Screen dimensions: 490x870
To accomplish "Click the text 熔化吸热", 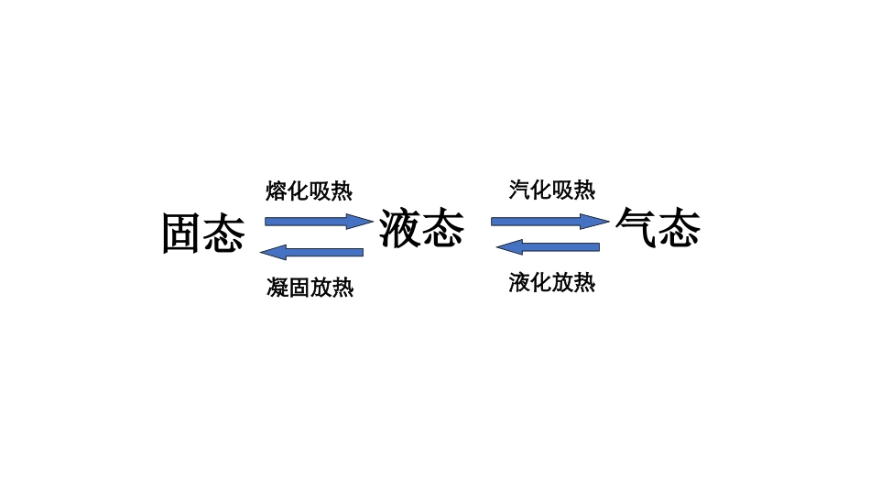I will (309, 191).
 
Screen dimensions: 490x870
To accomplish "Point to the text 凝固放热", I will (310, 288).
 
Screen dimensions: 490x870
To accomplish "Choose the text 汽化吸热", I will (552, 190).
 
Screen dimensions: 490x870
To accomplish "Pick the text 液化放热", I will (552, 283).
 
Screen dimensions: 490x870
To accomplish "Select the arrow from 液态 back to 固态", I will (311, 252).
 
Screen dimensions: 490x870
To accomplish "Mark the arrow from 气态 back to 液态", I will (548, 246).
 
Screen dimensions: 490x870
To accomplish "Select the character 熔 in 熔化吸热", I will (277, 191).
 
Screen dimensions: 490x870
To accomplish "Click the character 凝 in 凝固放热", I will (277, 288).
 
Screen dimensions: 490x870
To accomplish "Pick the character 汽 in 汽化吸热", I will (520, 190).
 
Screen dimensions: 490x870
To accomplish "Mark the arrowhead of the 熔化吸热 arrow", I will (362, 221).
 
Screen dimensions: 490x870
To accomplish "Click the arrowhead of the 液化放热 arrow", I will (508, 246).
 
